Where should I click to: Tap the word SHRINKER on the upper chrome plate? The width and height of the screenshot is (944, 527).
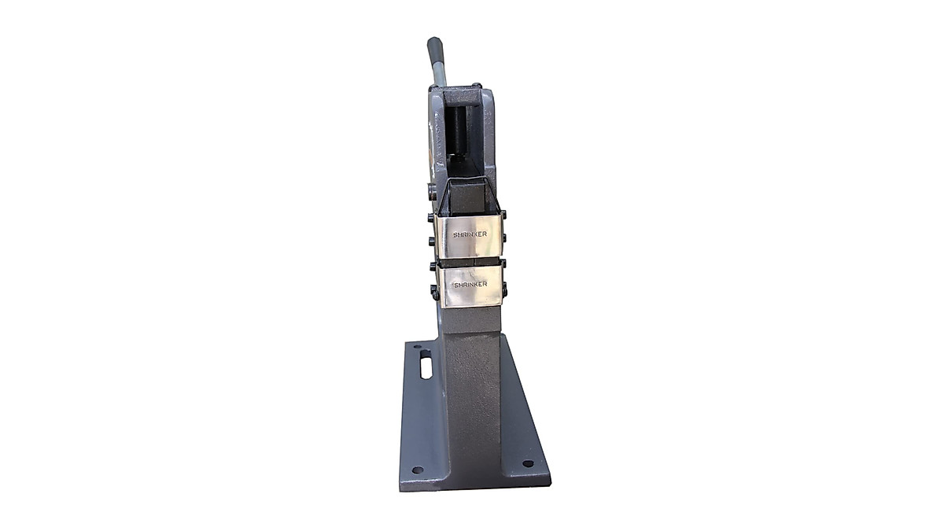coord(470,234)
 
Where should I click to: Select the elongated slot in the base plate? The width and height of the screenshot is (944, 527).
coord(426,367)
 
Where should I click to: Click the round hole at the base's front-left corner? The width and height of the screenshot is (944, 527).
coord(417,470)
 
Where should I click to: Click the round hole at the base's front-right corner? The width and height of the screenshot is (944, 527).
coord(527,463)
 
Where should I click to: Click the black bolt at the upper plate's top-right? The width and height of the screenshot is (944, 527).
coord(503,214)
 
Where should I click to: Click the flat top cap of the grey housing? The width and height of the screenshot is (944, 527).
coord(470,97)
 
